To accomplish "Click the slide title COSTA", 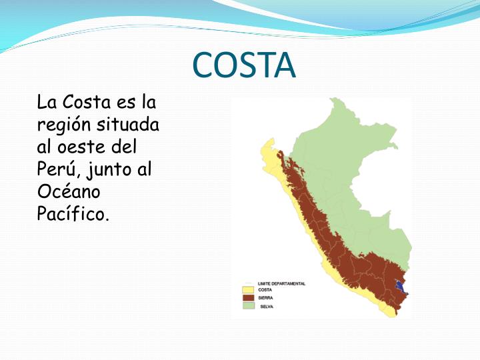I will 243,65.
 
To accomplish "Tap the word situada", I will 129,125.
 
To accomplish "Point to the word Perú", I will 57,169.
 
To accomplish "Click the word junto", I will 107,170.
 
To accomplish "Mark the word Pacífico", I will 73,214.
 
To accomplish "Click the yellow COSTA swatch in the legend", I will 249,290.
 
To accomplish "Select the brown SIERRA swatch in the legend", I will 249,298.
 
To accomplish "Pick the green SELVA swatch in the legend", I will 249,306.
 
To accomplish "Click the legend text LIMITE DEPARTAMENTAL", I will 281,283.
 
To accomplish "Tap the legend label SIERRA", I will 265,298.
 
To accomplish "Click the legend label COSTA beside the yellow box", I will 265,290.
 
